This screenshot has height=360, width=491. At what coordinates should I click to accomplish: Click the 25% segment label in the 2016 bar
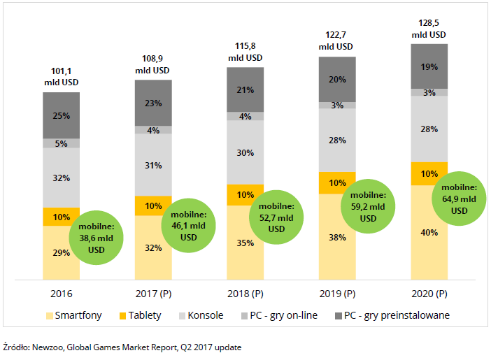(x=61, y=115)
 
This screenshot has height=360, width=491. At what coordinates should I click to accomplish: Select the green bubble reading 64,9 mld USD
(x=459, y=199)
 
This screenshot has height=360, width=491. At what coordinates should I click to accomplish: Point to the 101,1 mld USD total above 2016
(x=61, y=76)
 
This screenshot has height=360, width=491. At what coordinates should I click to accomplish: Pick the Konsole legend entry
(x=200, y=315)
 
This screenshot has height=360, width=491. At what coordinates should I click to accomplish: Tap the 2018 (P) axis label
(x=245, y=294)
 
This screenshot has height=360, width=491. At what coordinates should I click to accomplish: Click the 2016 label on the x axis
(x=61, y=294)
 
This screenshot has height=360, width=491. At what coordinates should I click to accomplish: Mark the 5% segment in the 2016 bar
(x=61, y=144)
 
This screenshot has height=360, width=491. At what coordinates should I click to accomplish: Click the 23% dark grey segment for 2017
(x=153, y=103)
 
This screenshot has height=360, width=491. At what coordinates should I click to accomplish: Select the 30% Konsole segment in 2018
(x=245, y=152)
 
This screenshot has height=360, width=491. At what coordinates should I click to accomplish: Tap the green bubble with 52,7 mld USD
(x=276, y=218)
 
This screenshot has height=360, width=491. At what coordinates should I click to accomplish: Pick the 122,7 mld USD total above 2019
(x=337, y=41)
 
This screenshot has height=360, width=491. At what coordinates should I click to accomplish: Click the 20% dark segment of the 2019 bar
(x=337, y=80)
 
